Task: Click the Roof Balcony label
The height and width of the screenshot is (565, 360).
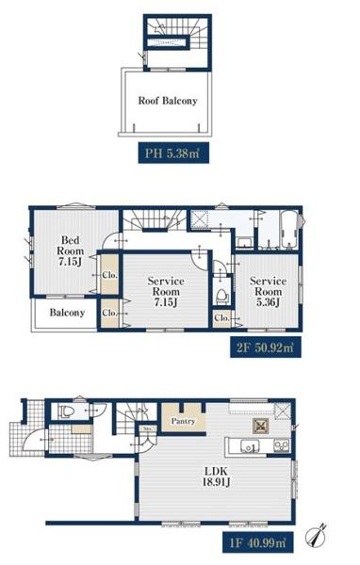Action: pos(168,101)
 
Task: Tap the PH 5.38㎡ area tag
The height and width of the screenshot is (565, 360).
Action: pos(173,153)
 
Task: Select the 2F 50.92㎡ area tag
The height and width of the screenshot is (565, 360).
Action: pos(266,347)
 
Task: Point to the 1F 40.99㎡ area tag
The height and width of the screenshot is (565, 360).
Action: pos(257,542)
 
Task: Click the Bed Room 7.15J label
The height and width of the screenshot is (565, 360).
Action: pos(71,250)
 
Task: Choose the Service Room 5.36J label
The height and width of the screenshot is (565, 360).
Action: pos(268,292)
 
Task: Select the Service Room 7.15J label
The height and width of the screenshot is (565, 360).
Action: pos(166,292)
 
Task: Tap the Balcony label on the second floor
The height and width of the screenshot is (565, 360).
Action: pos(67,313)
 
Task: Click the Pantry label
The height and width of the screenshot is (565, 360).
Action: pos(183,421)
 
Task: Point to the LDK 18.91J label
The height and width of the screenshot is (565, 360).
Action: pos(217,476)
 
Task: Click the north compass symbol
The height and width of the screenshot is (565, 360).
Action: pos(316,536)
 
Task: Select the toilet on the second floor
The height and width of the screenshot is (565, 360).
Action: pos(222,296)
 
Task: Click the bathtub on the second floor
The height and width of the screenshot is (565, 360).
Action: pos(289,230)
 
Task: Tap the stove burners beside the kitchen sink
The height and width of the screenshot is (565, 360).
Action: pos(282,446)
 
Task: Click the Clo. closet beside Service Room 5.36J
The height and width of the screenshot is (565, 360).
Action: pos(221,318)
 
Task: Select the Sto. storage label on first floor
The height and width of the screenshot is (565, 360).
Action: pos(148,428)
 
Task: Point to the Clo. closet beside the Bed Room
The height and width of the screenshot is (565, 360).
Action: pos(109,275)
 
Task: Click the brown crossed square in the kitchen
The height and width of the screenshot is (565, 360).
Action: pos(260,426)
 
